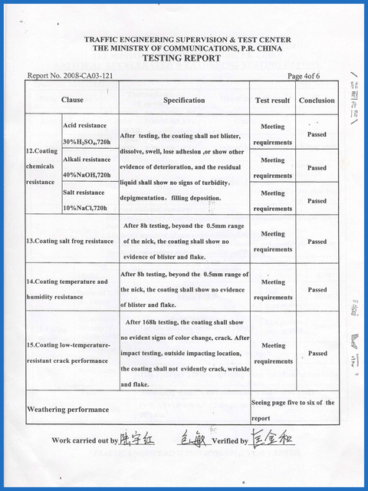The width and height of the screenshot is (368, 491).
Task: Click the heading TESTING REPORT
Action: point(184,58)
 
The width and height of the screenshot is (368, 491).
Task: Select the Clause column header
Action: point(73,100)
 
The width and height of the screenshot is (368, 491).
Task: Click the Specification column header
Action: point(184,100)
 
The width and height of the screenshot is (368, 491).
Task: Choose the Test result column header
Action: point(272,101)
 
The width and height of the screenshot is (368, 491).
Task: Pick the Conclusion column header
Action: point(317,101)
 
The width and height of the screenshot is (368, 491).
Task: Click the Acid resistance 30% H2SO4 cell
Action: point(90,133)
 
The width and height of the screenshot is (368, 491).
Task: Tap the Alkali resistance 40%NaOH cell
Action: point(89,167)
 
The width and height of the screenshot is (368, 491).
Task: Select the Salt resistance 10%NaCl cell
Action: point(89,200)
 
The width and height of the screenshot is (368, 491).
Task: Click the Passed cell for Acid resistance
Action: point(317,134)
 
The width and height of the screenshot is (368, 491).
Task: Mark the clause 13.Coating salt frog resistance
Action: point(70,241)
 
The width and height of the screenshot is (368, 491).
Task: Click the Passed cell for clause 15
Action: point(317,354)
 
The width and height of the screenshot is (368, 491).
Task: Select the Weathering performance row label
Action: point(68,410)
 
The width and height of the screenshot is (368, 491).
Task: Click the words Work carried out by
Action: point(85,441)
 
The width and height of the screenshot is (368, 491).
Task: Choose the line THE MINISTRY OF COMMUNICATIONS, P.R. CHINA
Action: point(184,48)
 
